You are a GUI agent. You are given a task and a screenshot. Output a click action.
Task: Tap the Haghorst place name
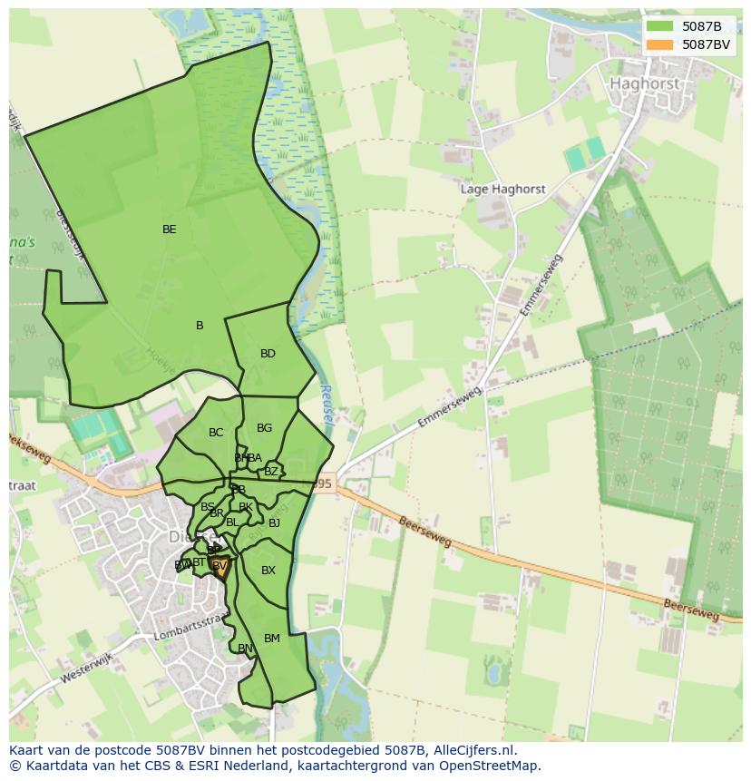645,83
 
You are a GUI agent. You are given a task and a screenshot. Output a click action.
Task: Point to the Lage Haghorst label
503,190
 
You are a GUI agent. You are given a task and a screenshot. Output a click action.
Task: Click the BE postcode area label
169,229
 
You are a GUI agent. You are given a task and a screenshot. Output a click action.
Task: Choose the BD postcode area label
268,354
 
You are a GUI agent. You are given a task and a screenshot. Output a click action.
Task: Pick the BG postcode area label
264,428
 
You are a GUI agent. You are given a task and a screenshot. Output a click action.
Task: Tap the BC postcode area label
216,433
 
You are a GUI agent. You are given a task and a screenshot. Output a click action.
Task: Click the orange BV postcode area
219,567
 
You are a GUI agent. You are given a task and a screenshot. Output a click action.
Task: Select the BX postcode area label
268,571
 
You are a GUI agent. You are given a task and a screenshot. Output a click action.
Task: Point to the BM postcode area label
272,639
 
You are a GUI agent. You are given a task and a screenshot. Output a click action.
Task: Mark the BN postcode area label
245,649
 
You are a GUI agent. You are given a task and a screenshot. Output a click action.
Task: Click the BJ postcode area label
274,523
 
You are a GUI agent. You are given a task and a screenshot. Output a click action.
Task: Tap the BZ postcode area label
270,472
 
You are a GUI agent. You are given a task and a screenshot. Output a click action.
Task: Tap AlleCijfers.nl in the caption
472,750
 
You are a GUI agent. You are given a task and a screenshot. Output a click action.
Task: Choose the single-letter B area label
200,326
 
